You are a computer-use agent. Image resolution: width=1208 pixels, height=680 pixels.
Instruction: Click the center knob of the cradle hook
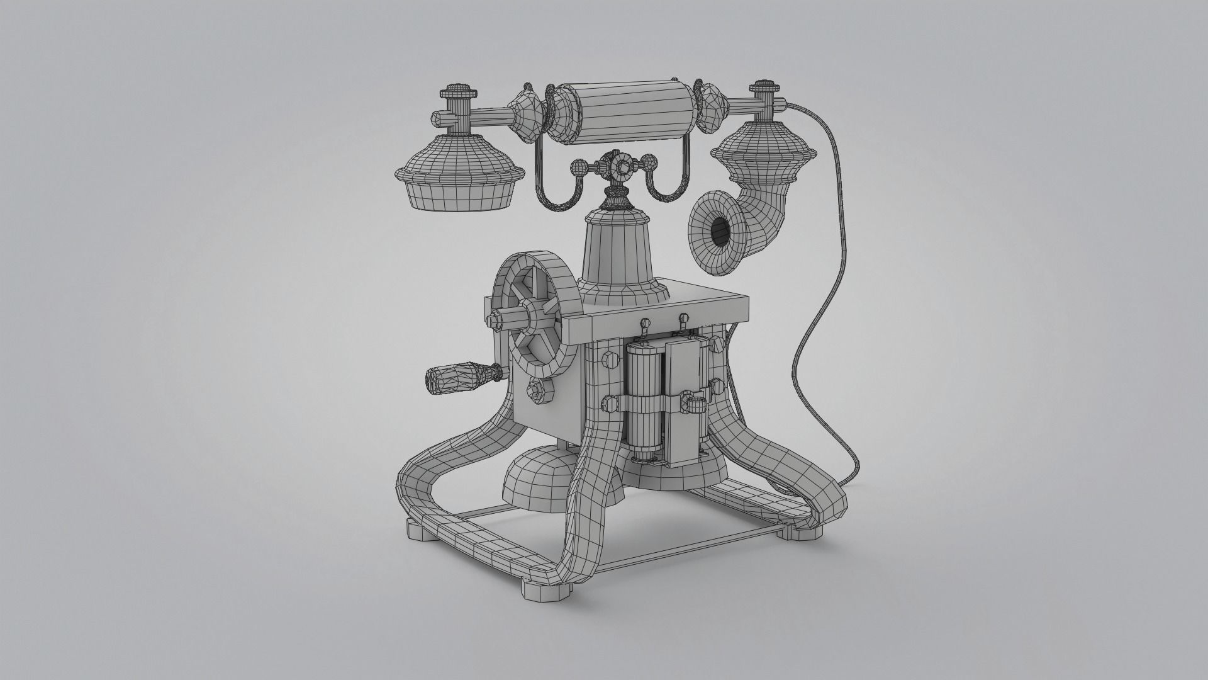(x=624, y=167)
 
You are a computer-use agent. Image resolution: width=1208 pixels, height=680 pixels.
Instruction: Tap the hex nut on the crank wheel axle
(x=498, y=320)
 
